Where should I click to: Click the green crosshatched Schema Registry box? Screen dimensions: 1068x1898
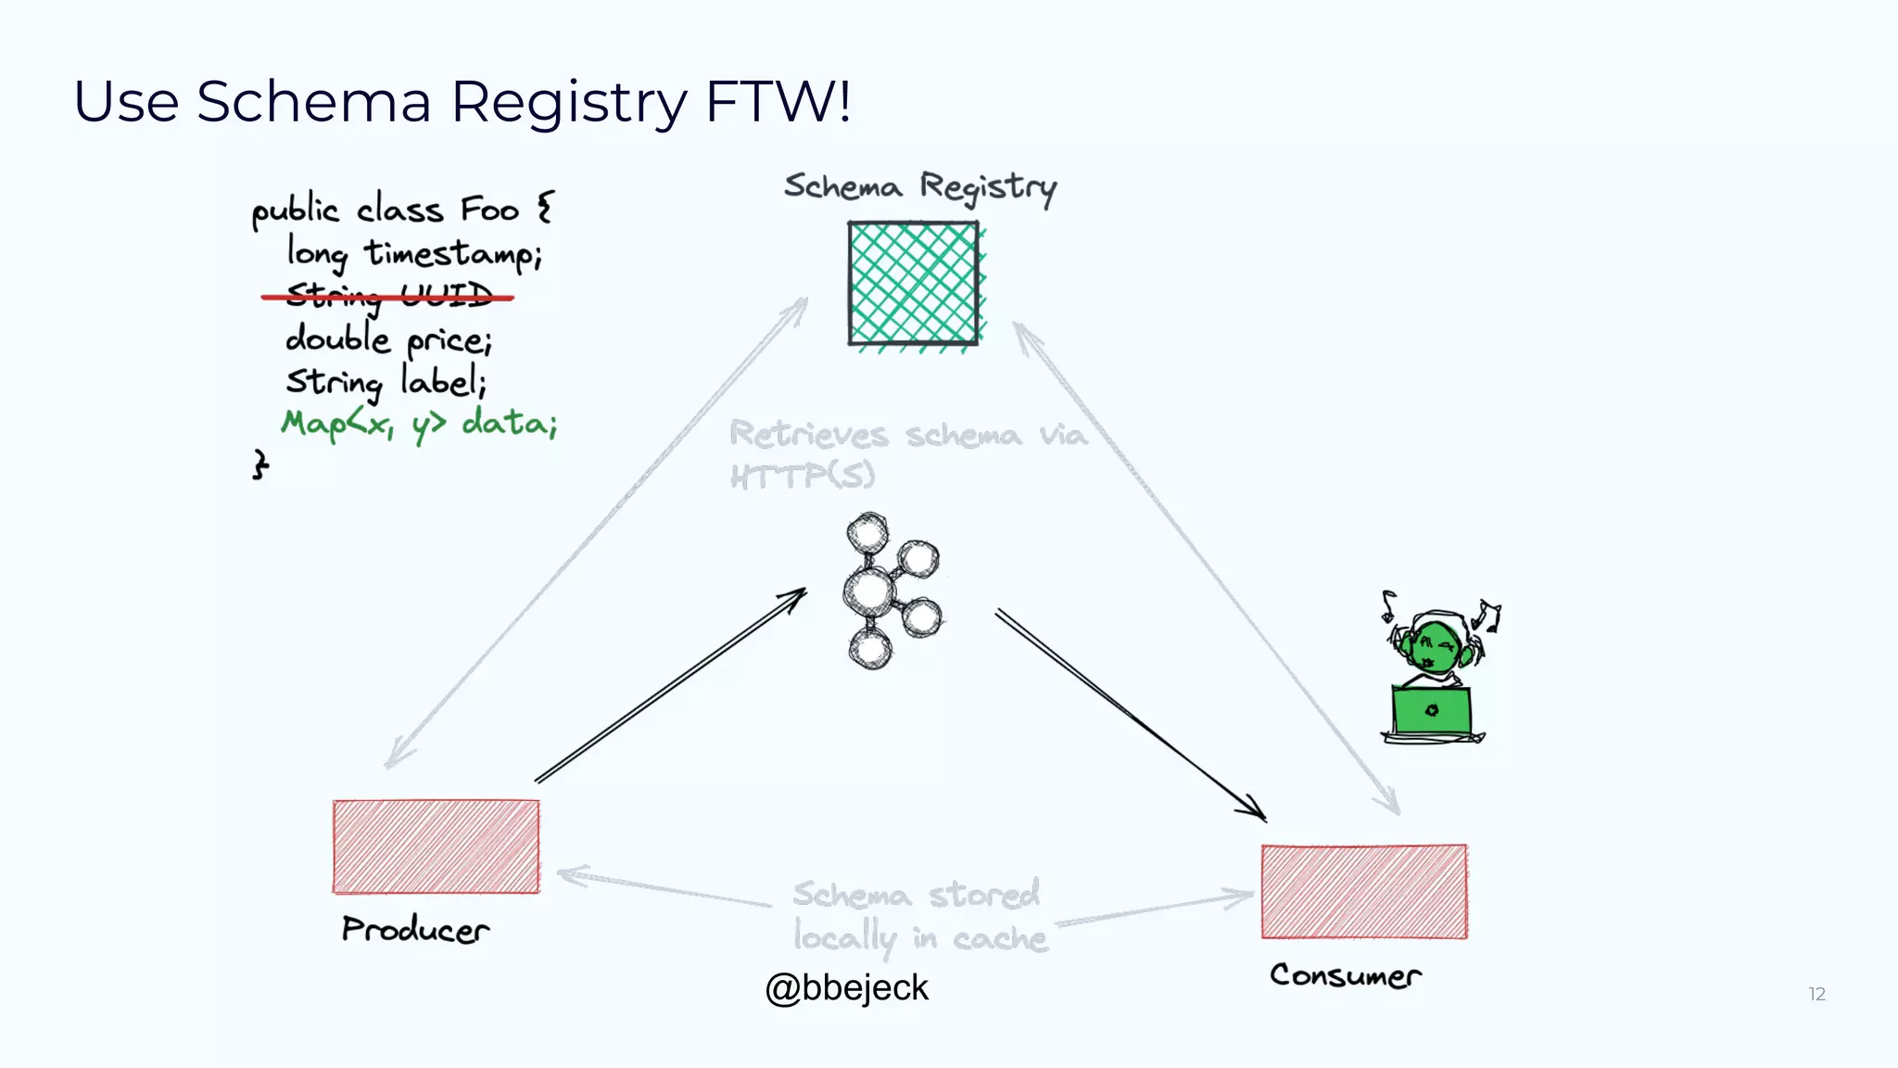click(914, 284)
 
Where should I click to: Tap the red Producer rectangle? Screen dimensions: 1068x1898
click(436, 846)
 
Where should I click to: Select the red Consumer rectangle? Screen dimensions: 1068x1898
click(1363, 891)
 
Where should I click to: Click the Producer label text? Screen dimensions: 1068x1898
click(415, 929)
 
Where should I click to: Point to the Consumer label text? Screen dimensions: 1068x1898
click(1345, 974)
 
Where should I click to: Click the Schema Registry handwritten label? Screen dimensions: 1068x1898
click(919, 187)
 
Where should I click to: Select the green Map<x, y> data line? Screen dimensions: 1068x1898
click(419, 425)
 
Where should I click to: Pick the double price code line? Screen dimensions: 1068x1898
click(388, 339)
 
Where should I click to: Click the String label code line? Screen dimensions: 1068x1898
click(386, 382)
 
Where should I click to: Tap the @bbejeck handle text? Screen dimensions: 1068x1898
click(846, 987)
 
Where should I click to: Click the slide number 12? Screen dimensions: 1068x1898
click(1816, 994)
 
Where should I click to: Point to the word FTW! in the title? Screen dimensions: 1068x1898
click(777, 101)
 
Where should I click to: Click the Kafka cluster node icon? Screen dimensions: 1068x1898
click(891, 590)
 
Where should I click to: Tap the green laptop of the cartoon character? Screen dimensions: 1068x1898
click(1431, 712)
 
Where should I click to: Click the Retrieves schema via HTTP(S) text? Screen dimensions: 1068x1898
click(906, 454)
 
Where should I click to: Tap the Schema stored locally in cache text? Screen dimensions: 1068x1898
click(917, 916)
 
